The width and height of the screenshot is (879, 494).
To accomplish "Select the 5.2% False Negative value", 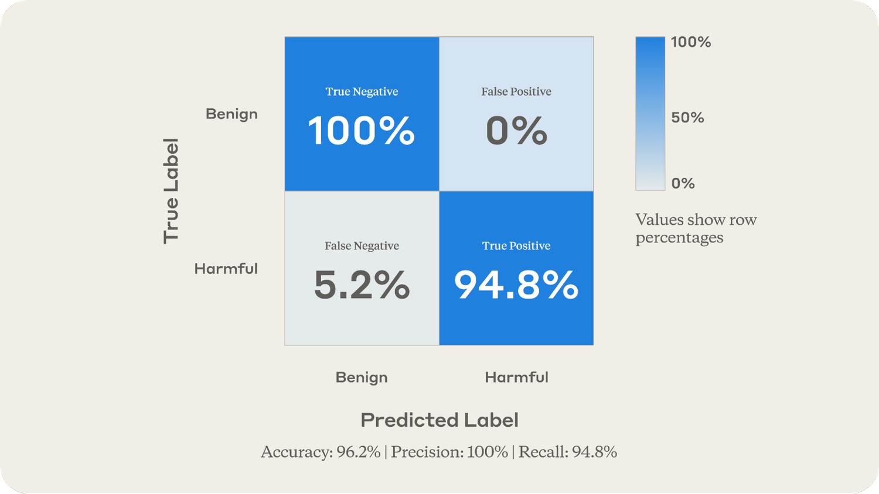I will pyautogui.click(x=362, y=285).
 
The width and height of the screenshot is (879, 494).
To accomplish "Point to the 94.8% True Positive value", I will pyautogui.click(x=516, y=285).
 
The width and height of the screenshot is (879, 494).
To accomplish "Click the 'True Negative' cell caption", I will pyautogui.click(x=362, y=91).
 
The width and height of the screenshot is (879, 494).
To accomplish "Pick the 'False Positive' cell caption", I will pyautogui.click(x=516, y=91).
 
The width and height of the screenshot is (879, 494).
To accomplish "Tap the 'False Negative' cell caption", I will pyautogui.click(x=362, y=246).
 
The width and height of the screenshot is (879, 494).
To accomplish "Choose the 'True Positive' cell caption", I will pyautogui.click(x=516, y=246).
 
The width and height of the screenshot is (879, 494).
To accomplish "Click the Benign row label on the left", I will pyautogui.click(x=231, y=114).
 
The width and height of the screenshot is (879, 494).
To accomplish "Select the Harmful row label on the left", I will pyautogui.click(x=226, y=269).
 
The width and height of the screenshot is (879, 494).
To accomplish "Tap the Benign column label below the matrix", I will pyautogui.click(x=362, y=378).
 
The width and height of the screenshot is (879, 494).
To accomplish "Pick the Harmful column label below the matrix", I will pyautogui.click(x=516, y=378).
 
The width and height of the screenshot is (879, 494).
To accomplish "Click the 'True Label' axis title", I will pyautogui.click(x=171, y=191).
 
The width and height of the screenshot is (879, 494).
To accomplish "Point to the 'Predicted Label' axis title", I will pyautogui.click(x=439, y=420).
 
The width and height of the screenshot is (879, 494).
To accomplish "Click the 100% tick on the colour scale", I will pyautogui.click(x=691, y=42).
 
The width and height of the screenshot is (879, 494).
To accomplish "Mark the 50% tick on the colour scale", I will pyautogui.click(x=687, y=118).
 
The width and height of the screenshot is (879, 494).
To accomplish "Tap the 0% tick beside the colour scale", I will pyautogui.click(x=683, y=184).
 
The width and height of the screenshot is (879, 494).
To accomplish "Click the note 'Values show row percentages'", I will pyautogui.click(x=696, y=228).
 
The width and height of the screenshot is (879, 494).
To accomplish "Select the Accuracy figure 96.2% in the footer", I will pyautogui.click(x=359, y=452).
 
